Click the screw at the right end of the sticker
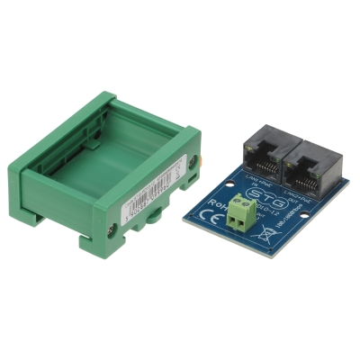click(x=202, y=162)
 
